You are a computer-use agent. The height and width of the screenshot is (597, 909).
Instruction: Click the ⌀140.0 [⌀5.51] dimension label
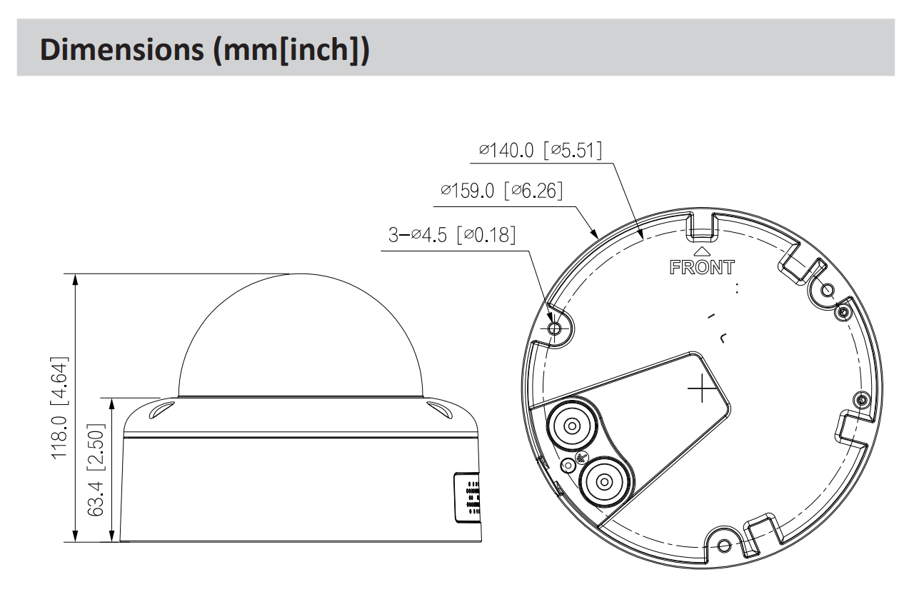pyautogui.click(x=541, y=150)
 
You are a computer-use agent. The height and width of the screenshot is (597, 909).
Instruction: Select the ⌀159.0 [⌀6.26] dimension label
pyautogui.click(x=502, y=191)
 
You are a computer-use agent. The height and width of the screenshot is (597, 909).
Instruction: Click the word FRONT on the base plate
pyautogui.click(x=702, y=268)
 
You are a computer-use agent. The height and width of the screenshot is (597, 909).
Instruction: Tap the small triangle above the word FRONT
pyautogui.click(x=702, y=251)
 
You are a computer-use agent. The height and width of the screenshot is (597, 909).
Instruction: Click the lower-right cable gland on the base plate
pyautogui.click(x=604, y=481)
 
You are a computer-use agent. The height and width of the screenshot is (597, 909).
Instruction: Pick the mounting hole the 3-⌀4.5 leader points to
pyautogui.click(x=556, y=328)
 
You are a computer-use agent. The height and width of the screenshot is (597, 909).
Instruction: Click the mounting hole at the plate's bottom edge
pyautogui.click(x=723, y=547)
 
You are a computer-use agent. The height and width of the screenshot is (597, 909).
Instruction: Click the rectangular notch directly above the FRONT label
pyautogui.click(x=702, y=227)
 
